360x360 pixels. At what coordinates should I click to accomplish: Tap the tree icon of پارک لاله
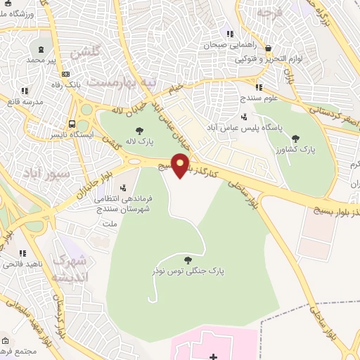[139, 130]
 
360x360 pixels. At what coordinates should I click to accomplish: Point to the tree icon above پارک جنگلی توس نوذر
[186, 259]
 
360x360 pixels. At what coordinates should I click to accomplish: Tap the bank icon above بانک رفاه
[66, 75]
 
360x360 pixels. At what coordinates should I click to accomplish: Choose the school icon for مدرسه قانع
[25, 91]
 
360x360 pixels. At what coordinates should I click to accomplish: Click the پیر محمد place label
[41, 60]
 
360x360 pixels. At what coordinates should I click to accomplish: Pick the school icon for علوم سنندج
[259, 88]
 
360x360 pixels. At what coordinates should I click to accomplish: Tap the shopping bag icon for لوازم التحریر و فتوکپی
[269, 49]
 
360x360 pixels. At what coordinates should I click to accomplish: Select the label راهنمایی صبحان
[222, 44]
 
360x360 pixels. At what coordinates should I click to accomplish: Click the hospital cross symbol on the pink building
[214, 357]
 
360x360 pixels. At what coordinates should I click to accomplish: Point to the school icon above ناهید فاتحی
[23, 253]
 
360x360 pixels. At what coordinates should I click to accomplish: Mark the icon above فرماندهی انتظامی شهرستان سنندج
[124, 188]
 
